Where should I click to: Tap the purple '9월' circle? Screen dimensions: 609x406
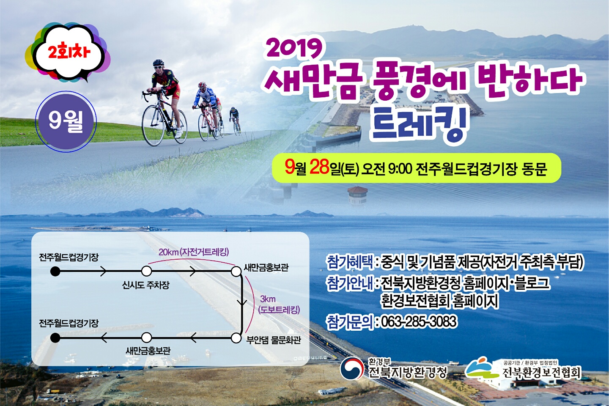click(x=66, y=121)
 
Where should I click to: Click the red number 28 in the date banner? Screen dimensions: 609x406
click(x=319, y=167)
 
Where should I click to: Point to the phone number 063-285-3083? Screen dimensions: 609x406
click(x=419, y=322)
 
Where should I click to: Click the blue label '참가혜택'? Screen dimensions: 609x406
click(x=350, y=262)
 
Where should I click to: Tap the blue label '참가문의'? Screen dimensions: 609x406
click(x=350, y=322)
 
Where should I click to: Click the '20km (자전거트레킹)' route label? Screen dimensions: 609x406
click(x=194, y=252)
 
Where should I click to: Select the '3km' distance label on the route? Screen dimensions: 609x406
click(x=268, y=299)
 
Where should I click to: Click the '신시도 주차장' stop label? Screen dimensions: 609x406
click(x=146, y=285)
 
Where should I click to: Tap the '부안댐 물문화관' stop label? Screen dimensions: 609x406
click(x=274, y=340)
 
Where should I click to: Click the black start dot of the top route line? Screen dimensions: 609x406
click(x=55, y=272)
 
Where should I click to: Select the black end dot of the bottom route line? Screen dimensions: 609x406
click(x=55, y=338)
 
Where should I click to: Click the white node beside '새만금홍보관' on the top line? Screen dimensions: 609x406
click(x=236, y=271)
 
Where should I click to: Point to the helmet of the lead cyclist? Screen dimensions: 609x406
click(x=158, y=63)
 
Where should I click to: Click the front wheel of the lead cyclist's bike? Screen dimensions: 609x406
click(x=153, y=125)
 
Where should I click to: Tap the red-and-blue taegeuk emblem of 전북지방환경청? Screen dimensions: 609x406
click(x=352, y=368)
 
